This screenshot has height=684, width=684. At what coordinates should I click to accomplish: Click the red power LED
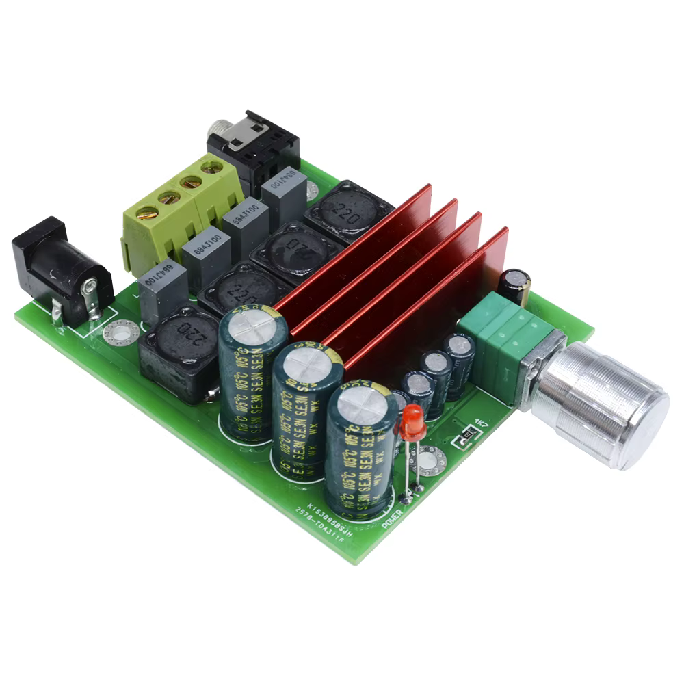tap(413, 421)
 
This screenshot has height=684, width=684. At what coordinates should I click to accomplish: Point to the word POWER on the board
tap(392, 514)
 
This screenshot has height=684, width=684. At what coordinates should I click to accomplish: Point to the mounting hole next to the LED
tap(428, 460)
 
